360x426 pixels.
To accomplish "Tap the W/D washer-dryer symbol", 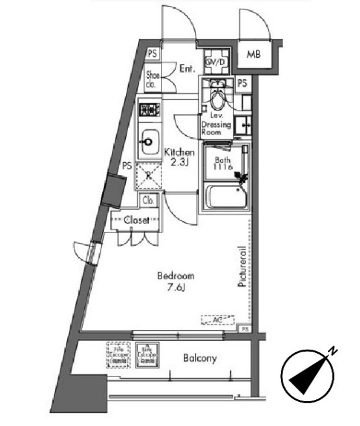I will click(216, 62).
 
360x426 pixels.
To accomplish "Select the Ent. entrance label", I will click(187, 67).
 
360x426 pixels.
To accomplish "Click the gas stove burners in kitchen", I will click(148, 109).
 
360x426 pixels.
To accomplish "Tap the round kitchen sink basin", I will click(147, 141).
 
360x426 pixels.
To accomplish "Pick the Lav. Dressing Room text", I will click(216, 125).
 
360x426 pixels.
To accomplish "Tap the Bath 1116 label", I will click(223, 165).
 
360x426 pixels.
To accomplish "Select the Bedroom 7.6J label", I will click(176, 281).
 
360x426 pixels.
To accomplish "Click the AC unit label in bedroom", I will click(217, 320).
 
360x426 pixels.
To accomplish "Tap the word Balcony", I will click(200, 358).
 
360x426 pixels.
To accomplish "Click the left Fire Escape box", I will click(116, 353).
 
